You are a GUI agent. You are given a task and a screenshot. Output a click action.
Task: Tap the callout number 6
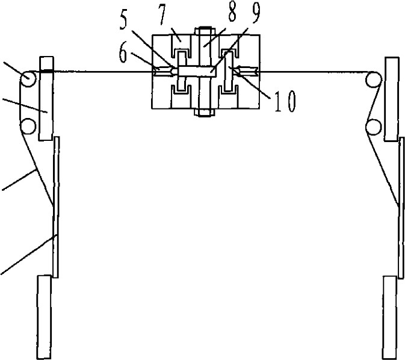123,54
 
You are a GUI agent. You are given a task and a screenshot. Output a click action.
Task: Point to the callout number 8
232,12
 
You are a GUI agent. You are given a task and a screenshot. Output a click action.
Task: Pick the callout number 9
255,13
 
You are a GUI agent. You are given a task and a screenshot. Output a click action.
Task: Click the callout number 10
285,101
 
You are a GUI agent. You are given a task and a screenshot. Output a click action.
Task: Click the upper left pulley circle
28,79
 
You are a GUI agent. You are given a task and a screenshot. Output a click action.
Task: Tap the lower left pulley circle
28,126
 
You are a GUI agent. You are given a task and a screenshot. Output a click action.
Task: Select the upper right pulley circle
374,79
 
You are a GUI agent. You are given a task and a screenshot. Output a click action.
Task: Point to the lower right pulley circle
374,126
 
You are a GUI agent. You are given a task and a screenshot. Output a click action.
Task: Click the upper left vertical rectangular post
46,99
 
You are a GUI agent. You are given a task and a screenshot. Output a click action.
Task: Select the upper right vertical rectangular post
392,99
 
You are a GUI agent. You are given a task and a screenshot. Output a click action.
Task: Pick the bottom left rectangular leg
44,317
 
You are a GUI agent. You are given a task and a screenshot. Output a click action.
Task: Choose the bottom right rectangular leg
390,318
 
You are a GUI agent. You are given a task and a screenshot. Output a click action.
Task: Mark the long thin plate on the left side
56,207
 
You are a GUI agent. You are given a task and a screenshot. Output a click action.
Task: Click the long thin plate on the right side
401,208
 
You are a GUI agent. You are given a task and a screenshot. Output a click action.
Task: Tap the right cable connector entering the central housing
247,70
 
